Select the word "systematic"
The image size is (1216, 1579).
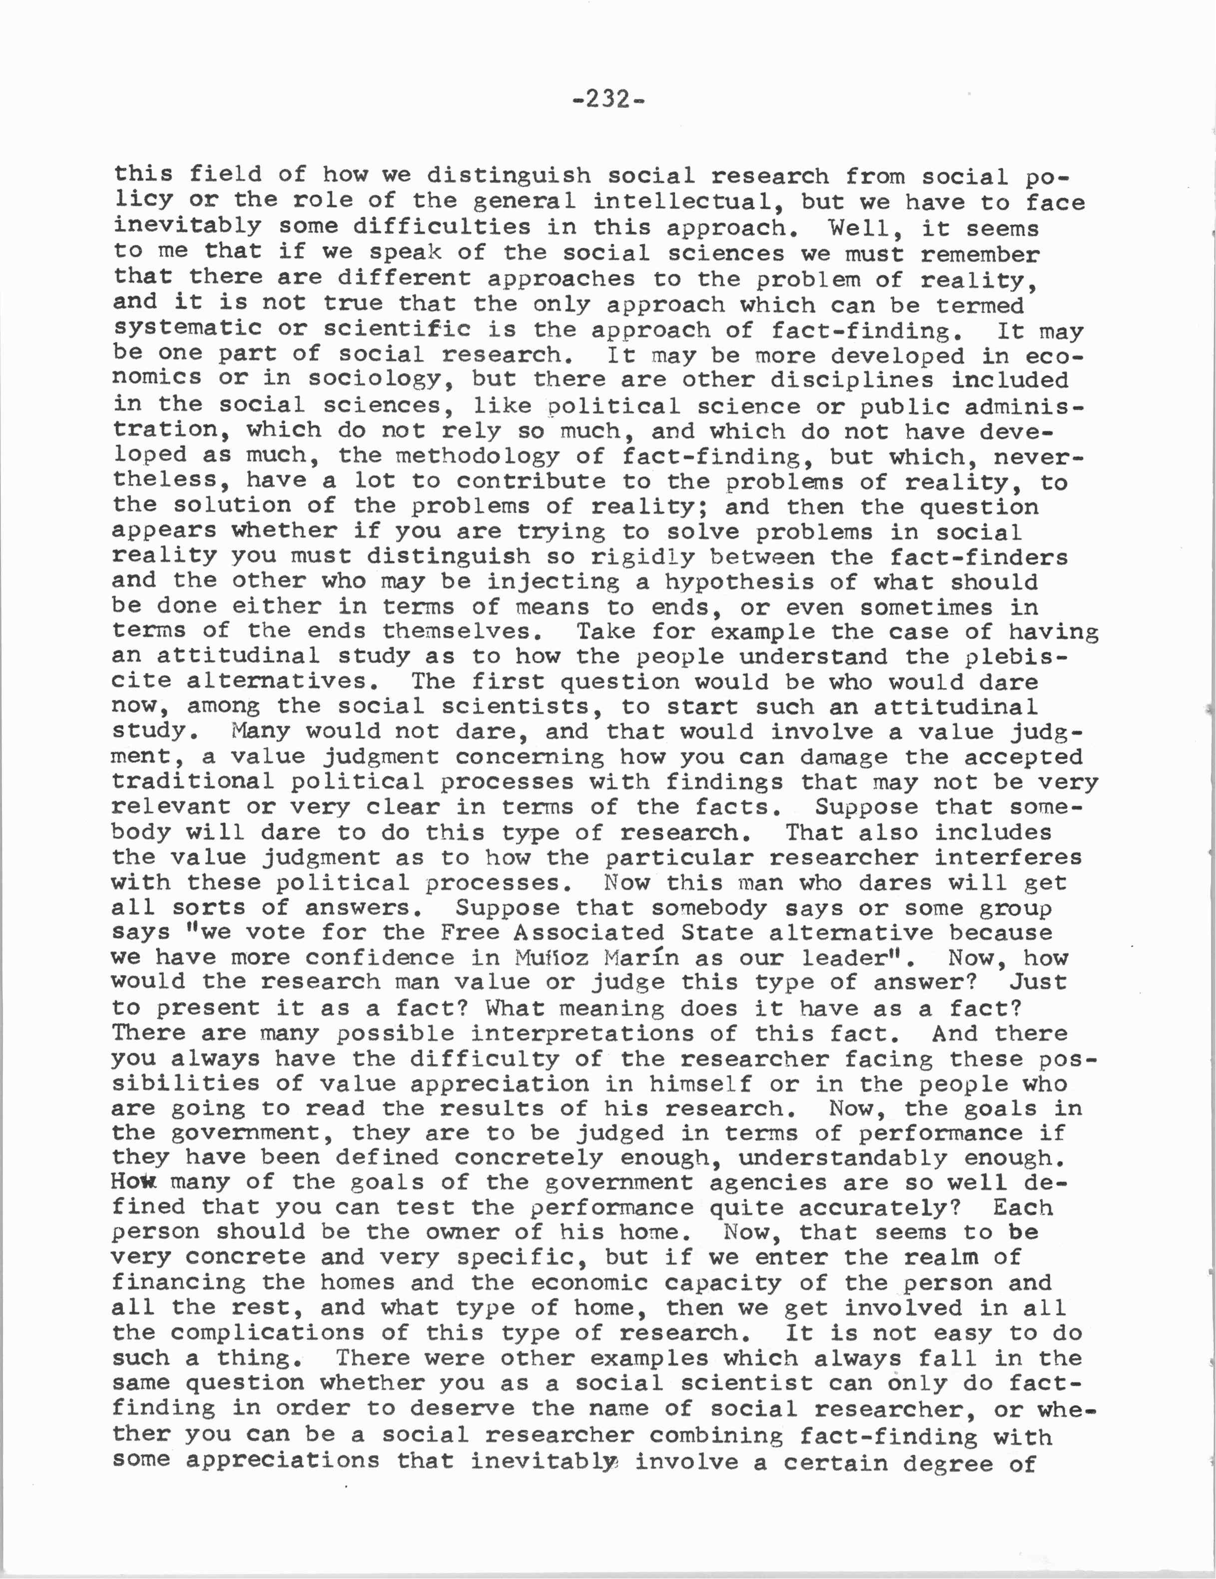(186, 329)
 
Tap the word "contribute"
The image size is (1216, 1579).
(531, 482)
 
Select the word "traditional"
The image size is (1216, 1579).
(193, 782)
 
